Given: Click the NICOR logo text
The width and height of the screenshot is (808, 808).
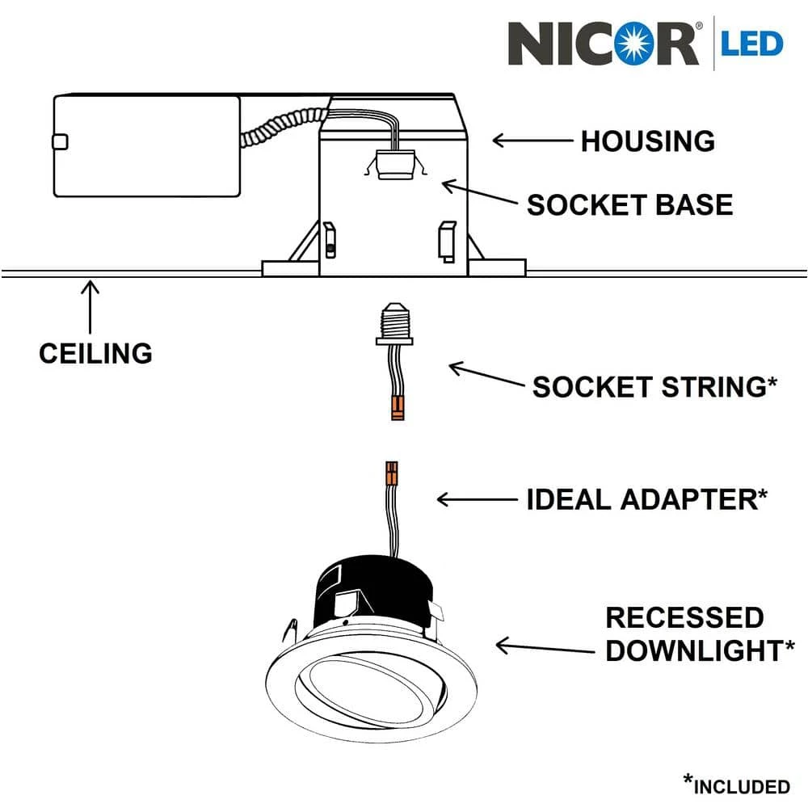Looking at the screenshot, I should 603,44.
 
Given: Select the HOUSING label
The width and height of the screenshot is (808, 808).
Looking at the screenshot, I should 647,141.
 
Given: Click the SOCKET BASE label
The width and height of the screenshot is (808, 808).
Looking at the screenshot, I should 629,205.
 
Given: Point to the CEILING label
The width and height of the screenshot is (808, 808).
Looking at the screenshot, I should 95,353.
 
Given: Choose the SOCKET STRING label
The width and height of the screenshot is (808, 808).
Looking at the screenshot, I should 654,387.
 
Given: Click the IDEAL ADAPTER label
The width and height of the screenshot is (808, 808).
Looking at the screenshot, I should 646,499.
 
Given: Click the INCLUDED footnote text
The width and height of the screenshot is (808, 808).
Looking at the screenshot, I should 735,785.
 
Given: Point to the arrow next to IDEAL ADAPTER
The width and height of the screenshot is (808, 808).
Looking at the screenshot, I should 476,499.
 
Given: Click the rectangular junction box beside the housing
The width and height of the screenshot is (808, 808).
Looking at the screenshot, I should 146,146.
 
